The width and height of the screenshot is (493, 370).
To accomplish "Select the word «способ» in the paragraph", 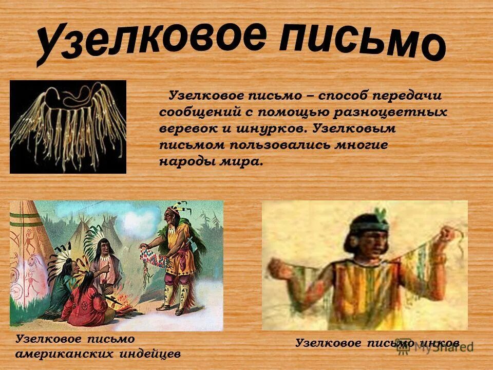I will [x=342, y=96].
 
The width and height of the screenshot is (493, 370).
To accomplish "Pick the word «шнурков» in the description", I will [x=273, y=128].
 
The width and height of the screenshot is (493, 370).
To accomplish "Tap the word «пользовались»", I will [x=274, y=144].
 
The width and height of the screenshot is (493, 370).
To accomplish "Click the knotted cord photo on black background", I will [x=68, y=126].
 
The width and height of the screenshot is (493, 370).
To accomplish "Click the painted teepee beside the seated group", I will [x=28, y=262].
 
